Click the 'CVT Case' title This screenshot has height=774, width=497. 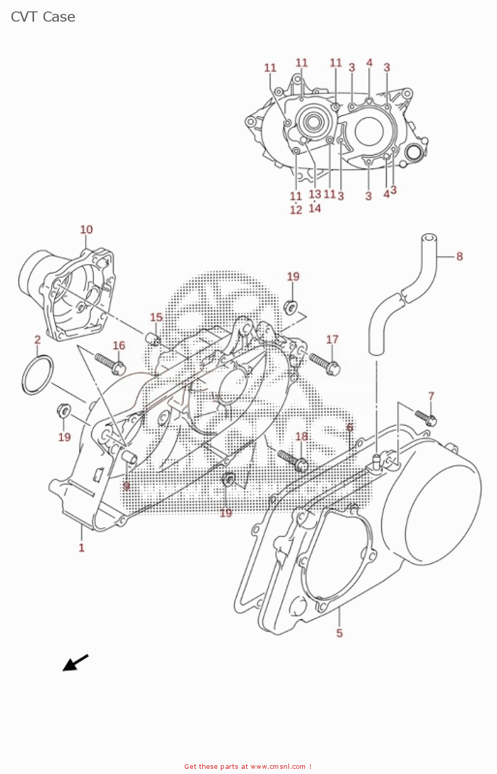pyautogui.click(x=43, y=17)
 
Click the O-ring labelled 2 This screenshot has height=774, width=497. pyautogui.click(x=37, y=375)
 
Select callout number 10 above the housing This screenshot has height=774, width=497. pyautogui.click(x=86, y=230)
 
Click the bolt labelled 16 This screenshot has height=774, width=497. pyautogui.click(x=110, y=362)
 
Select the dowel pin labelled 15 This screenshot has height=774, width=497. pyautogui.click(x=153, y=339)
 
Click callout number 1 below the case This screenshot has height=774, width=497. pyautogui.click(x=82, y=547)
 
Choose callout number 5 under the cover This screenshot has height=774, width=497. pyautogui.click(x=339, y=633)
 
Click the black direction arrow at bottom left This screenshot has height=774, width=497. pyautogui.click(x=75, y=663)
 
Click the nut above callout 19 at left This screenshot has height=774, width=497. pyautogui.click(x=65, y=411)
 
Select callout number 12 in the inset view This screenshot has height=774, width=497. pyautogui.click(x=296, y=210)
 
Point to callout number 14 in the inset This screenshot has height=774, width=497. pyautogui.click(x=315, y=208)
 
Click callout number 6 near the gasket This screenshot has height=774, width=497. pyautogui.click(x=350, y=427)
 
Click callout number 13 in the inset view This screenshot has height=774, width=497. pyautogui.click(x=315, y=194)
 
